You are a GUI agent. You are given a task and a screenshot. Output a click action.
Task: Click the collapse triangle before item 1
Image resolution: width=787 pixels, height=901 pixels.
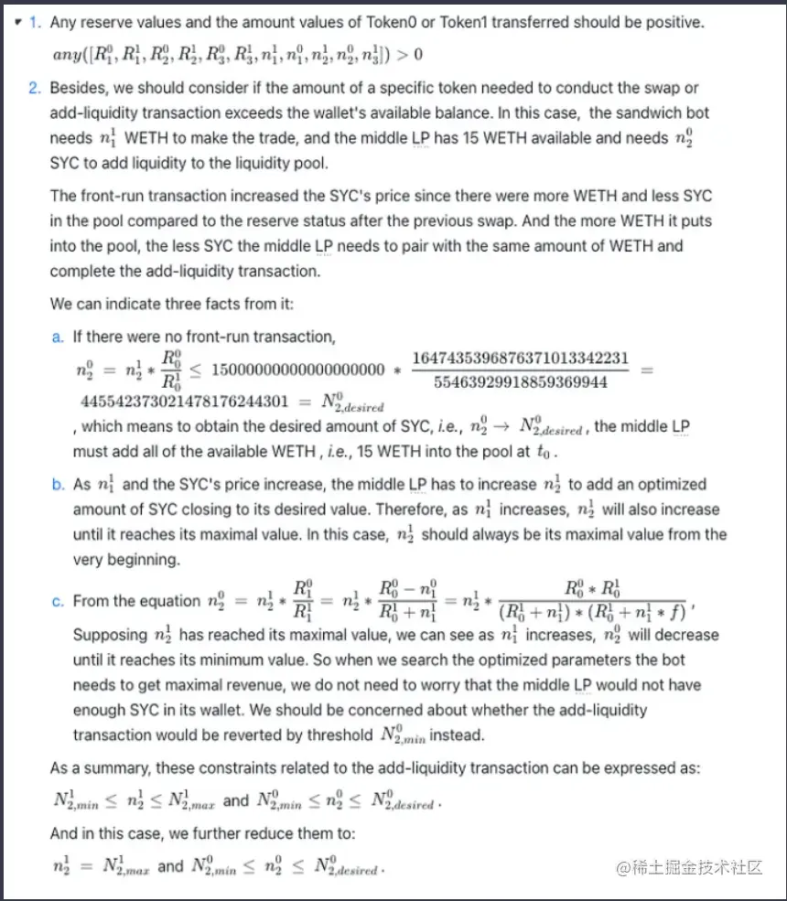pos(18,22)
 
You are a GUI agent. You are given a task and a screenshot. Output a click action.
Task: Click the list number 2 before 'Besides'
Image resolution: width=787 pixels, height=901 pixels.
pos(34,88)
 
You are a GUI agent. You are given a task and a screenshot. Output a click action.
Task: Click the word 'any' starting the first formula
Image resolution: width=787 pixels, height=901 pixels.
pos(67,54)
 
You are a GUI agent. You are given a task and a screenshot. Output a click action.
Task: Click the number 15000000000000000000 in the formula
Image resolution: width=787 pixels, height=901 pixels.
pos(297,370)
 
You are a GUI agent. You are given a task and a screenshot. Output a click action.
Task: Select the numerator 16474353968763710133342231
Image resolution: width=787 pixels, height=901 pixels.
pos(521,358)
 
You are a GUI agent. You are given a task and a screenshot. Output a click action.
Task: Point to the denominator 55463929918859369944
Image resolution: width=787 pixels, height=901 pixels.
pos(521,382)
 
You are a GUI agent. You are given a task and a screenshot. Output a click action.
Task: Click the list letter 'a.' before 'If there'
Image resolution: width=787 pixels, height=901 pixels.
pos(58,338)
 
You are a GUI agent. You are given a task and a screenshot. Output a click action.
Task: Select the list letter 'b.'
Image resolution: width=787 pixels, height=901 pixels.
pos(58,485)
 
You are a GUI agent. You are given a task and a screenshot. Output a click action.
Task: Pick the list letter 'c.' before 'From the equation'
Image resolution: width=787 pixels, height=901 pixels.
pos(58,601)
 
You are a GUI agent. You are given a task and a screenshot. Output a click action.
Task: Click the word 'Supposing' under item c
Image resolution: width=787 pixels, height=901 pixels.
pos(109,635)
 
